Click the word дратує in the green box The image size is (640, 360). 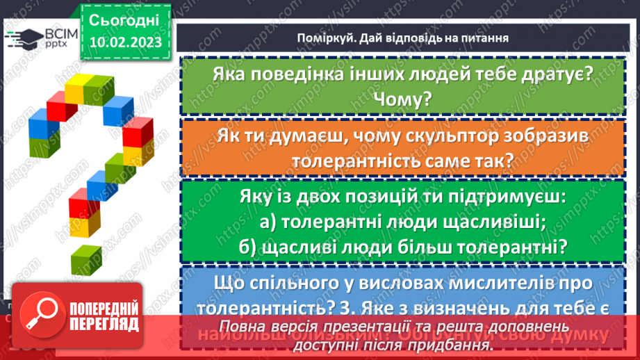click(x=551, y=74)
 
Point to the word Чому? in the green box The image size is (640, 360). click(x=397, y=99)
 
